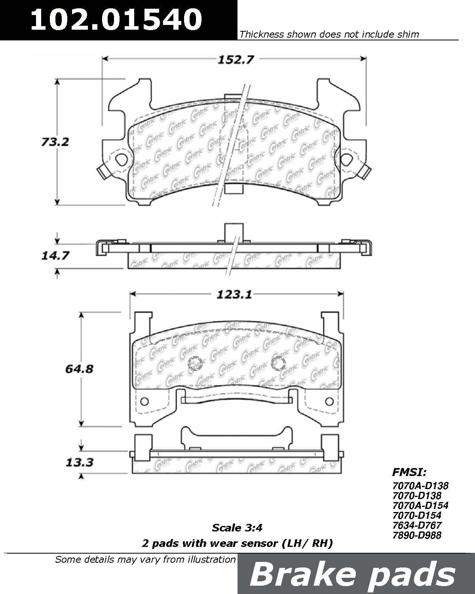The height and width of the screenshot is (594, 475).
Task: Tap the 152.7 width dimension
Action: [236, 60]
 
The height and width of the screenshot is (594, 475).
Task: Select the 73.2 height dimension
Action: [55, 142]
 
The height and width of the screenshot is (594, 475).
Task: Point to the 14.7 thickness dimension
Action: [55, 255]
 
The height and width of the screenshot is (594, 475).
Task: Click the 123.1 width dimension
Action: [234, 295]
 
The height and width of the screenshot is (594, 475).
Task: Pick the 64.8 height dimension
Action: [80, 369]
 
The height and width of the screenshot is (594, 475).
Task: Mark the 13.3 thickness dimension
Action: [80, 463]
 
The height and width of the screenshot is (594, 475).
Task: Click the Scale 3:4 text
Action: [237, 528]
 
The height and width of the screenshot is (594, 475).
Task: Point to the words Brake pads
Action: [352, 575]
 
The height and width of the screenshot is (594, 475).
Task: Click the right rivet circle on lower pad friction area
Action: [277, 363]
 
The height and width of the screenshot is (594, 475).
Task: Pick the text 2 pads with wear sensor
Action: [210, 543]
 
